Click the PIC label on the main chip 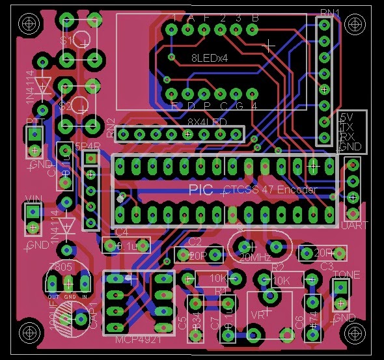(x=200, y=189)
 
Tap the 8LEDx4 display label (x=208, y=58)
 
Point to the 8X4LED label (x=208, y=122)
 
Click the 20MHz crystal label (x=255, y=258)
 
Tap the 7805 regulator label (x=60, y=268)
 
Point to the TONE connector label (x=346, y=275)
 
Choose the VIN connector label (x=33, y=198)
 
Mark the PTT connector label (x=34, y=122)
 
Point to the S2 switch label (x=66, y=105)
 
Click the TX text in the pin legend (x=347, y=128)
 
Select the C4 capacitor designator (x=122, y=231)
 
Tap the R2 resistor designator (x=277, y=267)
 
